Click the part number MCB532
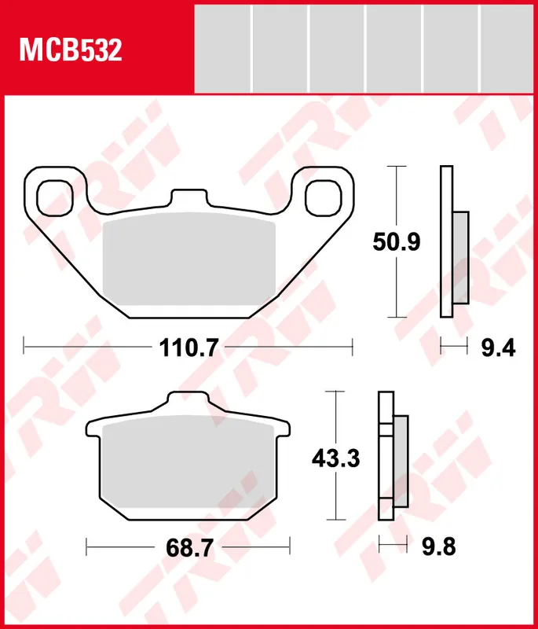[x=71, y=51]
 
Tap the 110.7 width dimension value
[x=188, y=346]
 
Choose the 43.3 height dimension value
[x=335, y=457]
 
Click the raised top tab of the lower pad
[x=188, y=403]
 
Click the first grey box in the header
[x=222, y=48]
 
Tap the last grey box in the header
[x=508, y=48]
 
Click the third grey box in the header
[x=337, y=48]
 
